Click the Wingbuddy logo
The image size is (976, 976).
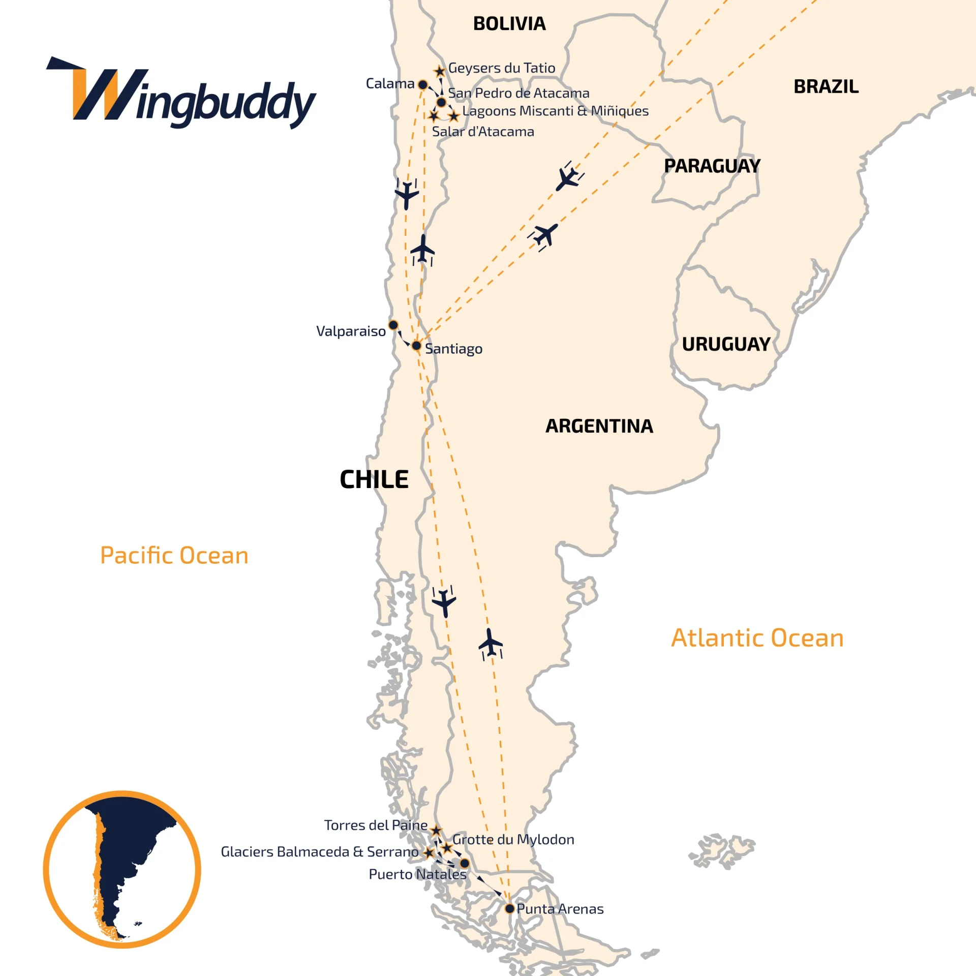[181, 94]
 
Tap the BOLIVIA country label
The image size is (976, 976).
[509, 24]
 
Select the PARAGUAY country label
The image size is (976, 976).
[712, 166]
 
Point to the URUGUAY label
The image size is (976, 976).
[726, 344]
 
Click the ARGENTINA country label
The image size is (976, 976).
[599, 426]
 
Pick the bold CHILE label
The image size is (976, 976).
[374, 479]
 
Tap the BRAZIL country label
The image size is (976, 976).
[826, 86]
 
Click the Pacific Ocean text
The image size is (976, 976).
[174, 555]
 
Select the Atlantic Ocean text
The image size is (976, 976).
[757, 637]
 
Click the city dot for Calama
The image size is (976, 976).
[422, 84]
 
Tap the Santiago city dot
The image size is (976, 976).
[416, 346]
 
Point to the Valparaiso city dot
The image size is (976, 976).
[393, 325]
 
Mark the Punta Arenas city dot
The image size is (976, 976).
[509, 908]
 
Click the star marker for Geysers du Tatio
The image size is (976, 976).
[440, 71]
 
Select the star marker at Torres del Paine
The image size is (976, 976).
[436, 831]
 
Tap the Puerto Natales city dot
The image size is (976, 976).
[465, 863]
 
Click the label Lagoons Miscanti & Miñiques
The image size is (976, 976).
[555, 111]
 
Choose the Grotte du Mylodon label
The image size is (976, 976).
[513, 839]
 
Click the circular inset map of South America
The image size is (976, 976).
[122, 869]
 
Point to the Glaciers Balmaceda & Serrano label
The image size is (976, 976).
[319, 851]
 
